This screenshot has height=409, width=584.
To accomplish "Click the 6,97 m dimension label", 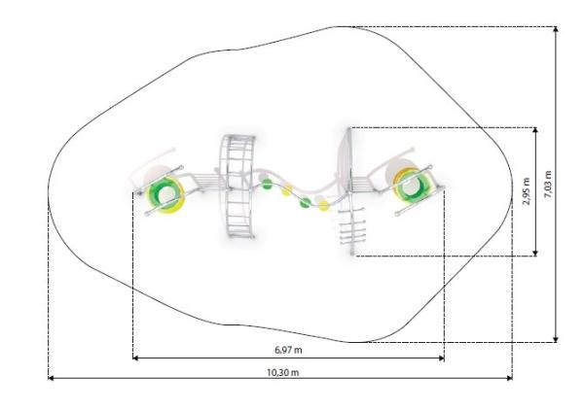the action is coord(288,350).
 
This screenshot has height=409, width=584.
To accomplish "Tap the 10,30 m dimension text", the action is coord(283,372).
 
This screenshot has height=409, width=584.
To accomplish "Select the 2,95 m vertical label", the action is coord(527,191).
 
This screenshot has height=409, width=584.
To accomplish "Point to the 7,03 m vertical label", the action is coord(548,184).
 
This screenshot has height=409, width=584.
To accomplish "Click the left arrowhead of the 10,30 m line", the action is coord(51,378).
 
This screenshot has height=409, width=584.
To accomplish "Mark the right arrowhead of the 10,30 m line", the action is coord(509,378).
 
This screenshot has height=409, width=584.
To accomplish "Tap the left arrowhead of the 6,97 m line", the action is coord(135,358).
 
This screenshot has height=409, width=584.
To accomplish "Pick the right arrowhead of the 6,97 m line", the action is coord(441,358).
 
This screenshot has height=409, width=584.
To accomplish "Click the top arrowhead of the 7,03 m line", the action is coord(556,29).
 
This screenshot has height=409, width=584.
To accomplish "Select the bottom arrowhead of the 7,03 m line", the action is coord(556,339).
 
